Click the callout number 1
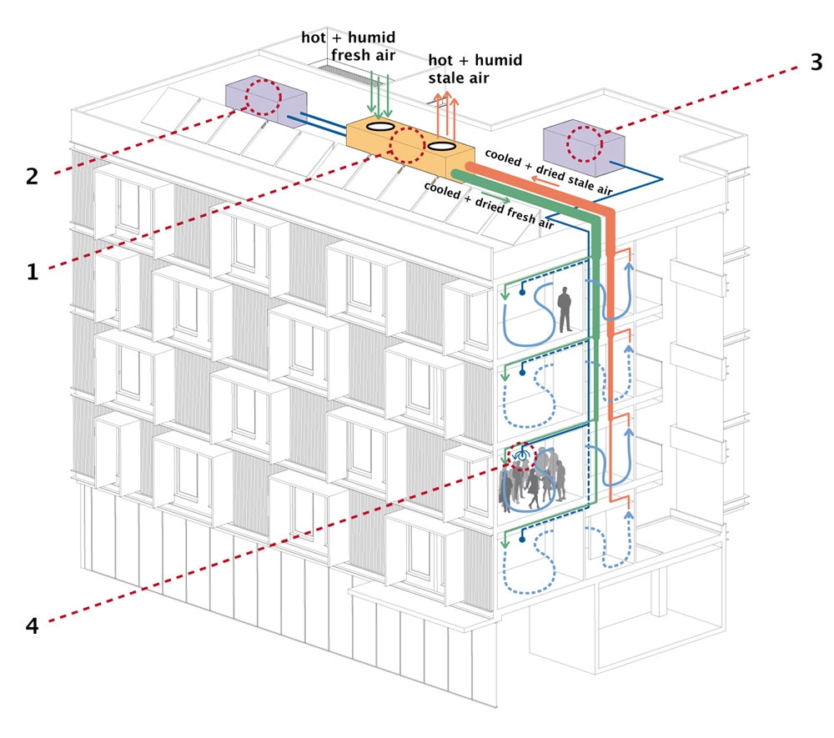pyautogui.click(x=33, y=271)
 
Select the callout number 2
pyautogui.click(x=33, y=176)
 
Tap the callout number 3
pyautogui.click(x=816, y=63)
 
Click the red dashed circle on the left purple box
pyautogui.click(x=264, y=98)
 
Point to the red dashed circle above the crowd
pyautogui.click(x=523, y=458)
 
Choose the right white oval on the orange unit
pyautogui.click(x=440, y=147)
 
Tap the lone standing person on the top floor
pyautogui.click(x=565, y=310)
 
